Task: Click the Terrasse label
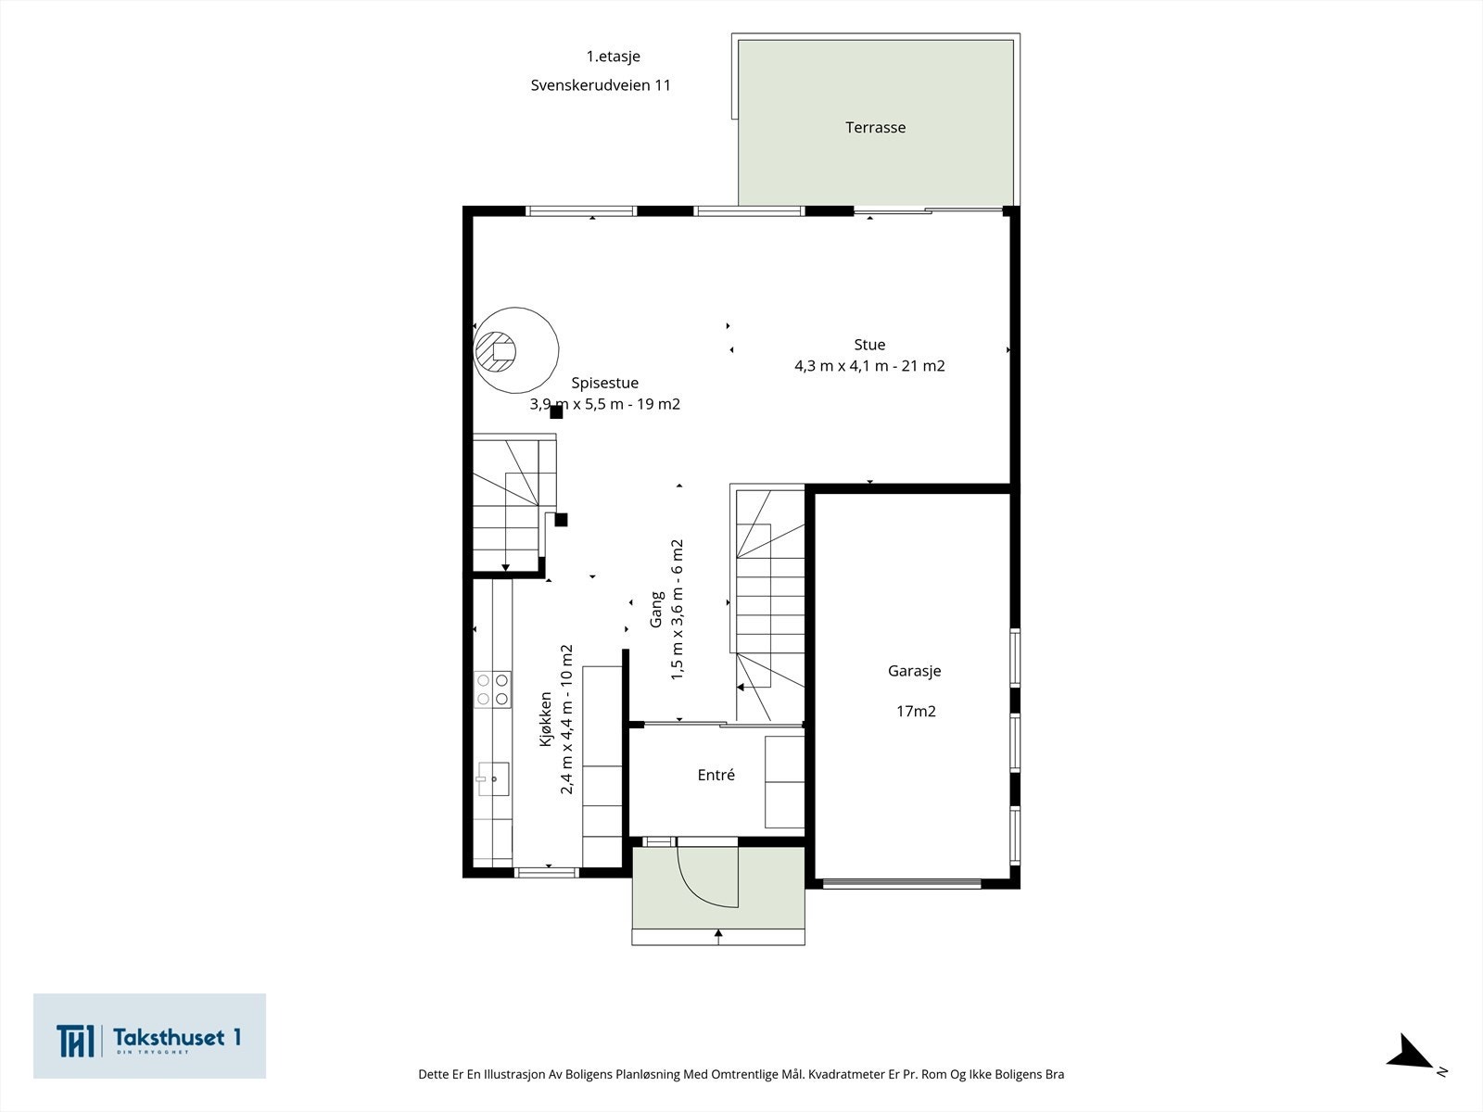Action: coord(875,128)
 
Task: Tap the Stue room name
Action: coord(869,345)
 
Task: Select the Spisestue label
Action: coord(604,384)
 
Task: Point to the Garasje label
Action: coord(914,671)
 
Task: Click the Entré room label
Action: coord(716,775)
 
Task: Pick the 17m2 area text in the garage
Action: coord(916,711)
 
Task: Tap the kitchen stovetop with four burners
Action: coord(492,689)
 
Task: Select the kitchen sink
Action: coord(493,779)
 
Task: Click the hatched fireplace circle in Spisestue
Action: coord(496,351)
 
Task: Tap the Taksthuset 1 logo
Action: coord(149,1036)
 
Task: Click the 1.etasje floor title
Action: coord(613,57)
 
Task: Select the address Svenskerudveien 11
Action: coord(601,85)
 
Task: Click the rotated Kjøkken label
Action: coord(545,719)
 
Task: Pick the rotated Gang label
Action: coord(655,610)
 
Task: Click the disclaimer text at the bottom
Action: coord(741,1074)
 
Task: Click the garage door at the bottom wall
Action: coord(902,883)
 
